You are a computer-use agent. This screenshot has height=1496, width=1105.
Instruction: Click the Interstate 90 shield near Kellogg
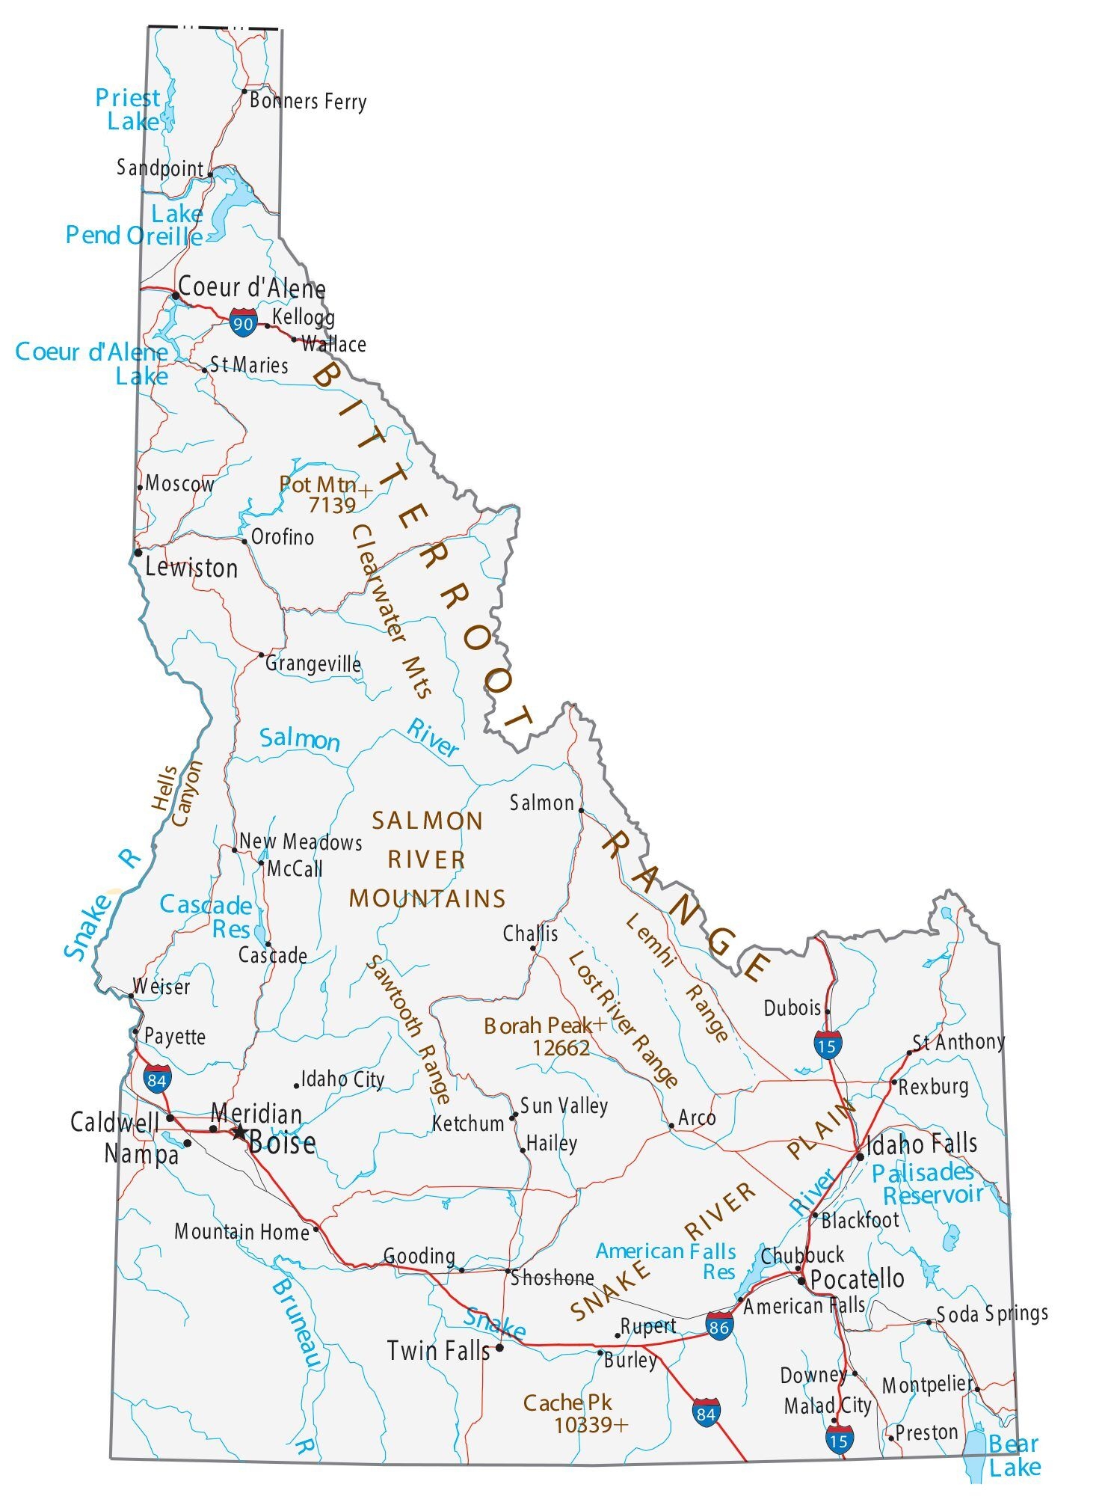[x=243, y=323]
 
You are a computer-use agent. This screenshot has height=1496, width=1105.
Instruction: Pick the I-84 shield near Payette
[x=157, y=1079]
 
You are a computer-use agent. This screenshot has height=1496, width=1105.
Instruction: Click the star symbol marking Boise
[x=238, y=1132]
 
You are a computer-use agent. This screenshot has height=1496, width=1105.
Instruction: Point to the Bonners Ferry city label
[x=308, y=101]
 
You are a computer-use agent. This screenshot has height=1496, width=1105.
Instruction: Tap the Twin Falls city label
[x=438, y=1350]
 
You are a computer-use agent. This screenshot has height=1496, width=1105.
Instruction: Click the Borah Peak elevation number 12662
[x=561, y=1048]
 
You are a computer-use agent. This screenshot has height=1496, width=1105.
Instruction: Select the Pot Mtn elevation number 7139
[x=332, y=506]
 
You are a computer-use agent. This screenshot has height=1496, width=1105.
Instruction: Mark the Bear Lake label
[x=1014, y=1455]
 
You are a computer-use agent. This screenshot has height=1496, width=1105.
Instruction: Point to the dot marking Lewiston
[x=138, y=553]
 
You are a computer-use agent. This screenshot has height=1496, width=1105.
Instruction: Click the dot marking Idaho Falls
[x=860, y=1156]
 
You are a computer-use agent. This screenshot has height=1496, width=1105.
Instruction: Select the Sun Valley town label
[x=564, y=1106]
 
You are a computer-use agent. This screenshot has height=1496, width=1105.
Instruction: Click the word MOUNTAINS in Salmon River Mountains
[x=428, y=898]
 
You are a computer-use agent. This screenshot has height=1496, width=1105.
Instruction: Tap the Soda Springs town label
[x=992, y=1313]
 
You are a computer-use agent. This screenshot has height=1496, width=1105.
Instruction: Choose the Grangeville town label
[x=313, y=663]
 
